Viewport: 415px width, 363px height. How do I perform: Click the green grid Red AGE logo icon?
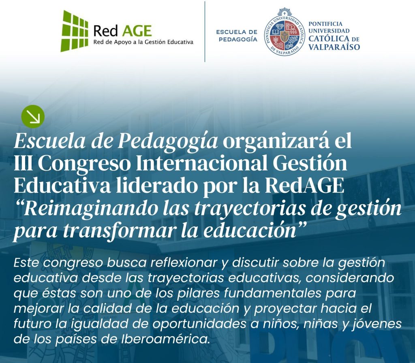[x=75, y=31]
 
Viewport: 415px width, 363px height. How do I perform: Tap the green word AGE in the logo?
[x=137, y=31]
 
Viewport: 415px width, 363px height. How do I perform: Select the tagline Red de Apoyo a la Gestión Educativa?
[x=143, y=42]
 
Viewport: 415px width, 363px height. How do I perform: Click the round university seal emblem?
[x=285, y=32]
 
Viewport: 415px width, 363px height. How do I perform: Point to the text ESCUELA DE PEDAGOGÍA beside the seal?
[x=237, y=36]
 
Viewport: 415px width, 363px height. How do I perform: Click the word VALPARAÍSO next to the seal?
[x=334, y=47]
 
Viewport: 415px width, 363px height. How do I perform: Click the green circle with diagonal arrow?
[x=33, y=116]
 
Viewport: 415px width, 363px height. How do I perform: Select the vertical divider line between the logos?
[x=205, y=32]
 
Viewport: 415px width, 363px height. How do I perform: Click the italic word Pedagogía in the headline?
[x=167, y=141]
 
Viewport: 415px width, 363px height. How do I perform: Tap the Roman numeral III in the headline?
[x=23, y=164]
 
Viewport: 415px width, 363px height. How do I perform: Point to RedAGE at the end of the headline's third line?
[x=305, y=186]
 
